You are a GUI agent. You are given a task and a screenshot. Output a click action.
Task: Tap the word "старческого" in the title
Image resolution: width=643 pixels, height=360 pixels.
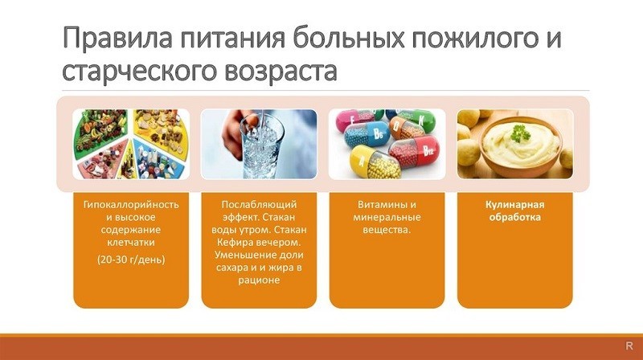coord(137,71)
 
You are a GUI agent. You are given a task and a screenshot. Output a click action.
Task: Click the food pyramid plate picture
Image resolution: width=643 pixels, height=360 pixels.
coord(131,144)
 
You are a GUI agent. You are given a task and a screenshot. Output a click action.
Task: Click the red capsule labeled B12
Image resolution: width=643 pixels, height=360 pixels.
coord(415,151)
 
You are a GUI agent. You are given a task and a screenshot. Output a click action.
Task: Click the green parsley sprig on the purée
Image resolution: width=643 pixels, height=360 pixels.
coord(520,133)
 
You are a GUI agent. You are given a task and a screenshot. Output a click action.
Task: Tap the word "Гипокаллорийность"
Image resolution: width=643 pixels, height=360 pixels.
coord(131,204)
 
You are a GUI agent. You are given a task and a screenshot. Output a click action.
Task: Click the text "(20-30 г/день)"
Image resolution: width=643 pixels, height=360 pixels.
coord(131,260)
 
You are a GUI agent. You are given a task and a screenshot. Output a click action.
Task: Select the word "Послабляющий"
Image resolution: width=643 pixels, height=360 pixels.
coord(259,204)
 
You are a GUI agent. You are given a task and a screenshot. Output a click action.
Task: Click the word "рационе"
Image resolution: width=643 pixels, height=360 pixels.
coord(259,280)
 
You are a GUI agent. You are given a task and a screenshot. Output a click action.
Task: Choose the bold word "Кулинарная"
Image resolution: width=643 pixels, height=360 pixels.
coord(514,205)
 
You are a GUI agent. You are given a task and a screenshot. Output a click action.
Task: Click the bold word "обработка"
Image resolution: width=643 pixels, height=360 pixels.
coord(514,217)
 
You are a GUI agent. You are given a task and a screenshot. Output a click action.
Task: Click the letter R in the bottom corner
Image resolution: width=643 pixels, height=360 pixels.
coord(629,346)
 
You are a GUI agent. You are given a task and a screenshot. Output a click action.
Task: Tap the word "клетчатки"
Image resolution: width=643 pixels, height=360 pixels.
coord(131,243)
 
